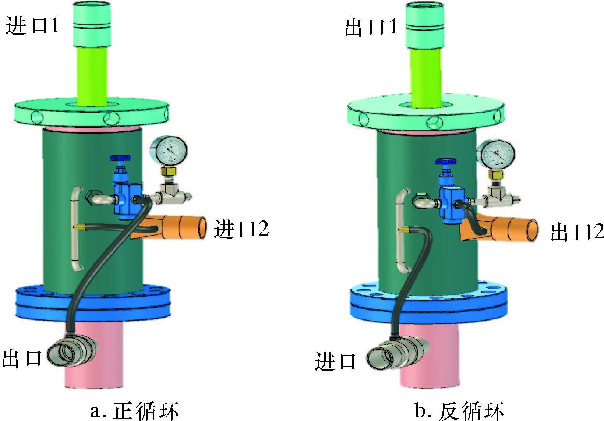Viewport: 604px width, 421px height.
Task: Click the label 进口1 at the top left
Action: point(32,26)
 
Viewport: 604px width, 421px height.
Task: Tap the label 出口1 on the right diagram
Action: point(371,27)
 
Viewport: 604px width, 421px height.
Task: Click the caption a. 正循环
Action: point(135,410)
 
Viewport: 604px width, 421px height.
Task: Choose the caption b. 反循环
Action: point(459,410)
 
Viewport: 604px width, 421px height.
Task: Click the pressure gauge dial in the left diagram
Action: point(169,150)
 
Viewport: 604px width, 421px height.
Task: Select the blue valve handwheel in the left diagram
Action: point(120,159)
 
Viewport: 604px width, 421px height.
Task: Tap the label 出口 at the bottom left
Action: point(22,358)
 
